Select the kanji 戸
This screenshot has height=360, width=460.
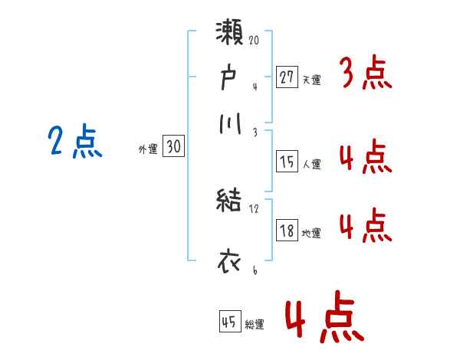click(230, 77)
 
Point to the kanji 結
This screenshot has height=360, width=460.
click(230, 202)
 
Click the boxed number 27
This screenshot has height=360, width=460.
click(287, 77)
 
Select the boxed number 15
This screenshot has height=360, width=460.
click(287, 162)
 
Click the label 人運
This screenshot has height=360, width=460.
click(311, 164)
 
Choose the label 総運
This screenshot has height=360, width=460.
click(255, 325)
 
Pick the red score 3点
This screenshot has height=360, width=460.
click(365, 74)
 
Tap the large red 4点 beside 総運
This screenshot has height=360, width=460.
click(323, 319)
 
